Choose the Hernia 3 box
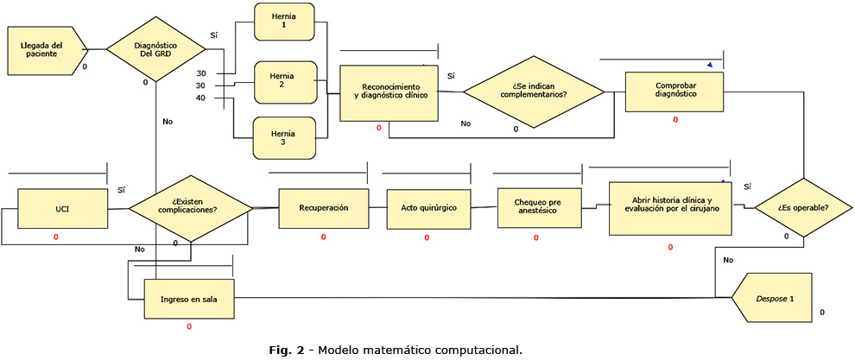click(x=284, y=138)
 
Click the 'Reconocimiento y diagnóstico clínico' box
click(x=388, y=93)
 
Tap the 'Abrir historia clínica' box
click(x=670, y=207)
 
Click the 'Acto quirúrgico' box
click(x=428, y=208)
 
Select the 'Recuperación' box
click(x=323, y=208)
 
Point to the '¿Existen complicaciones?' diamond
click(x=187, y=208)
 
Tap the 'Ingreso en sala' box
click(x=187, y=299)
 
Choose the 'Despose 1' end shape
click(x=771, y=298)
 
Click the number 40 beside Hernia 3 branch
click(x=200, y=98)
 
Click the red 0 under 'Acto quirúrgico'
click(x=427, y=237)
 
